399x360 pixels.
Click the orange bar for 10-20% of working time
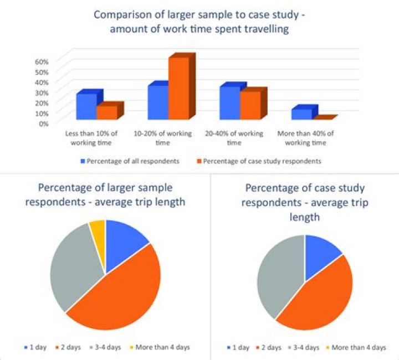click(179, 88)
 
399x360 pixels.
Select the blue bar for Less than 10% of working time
click(87, 106)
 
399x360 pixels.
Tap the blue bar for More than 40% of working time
click(302, 114)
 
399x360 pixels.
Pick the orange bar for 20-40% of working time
click(250, 105)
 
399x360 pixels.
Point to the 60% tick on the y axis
click(42, 62)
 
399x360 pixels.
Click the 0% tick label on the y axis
click(43, 124)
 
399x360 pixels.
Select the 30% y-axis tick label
click(42, 93)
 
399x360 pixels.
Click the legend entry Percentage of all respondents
click(130, 161)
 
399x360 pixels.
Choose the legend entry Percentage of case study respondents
click(259, 161)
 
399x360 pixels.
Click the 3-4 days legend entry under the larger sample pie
click(105, 347)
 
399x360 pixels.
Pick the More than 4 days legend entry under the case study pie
click(356, 347)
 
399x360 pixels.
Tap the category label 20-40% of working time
click(234, 138)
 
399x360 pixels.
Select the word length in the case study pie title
click(305, 217)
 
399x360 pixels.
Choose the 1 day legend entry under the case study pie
click(238, 347)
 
